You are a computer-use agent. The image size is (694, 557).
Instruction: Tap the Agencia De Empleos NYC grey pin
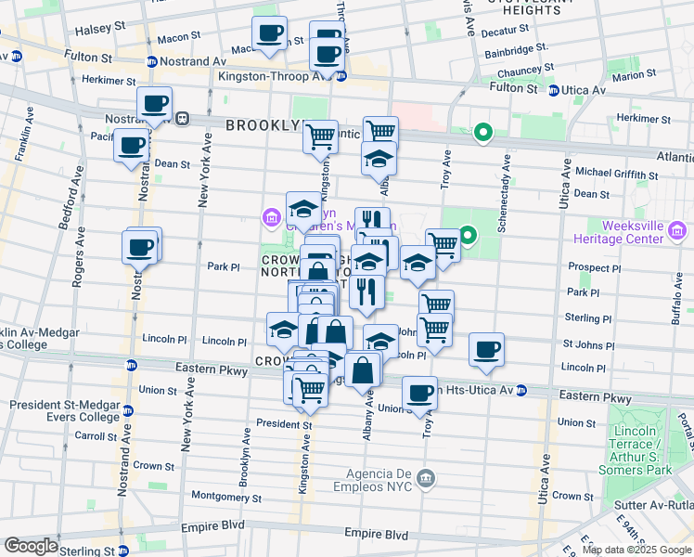[426, 479]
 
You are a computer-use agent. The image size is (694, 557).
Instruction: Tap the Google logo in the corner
[30, 546]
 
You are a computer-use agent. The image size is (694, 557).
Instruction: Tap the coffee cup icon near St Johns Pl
[486, 350]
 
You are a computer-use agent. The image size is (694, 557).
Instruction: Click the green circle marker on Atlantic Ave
[482, 134]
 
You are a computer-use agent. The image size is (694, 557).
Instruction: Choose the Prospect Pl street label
[592, 267]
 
